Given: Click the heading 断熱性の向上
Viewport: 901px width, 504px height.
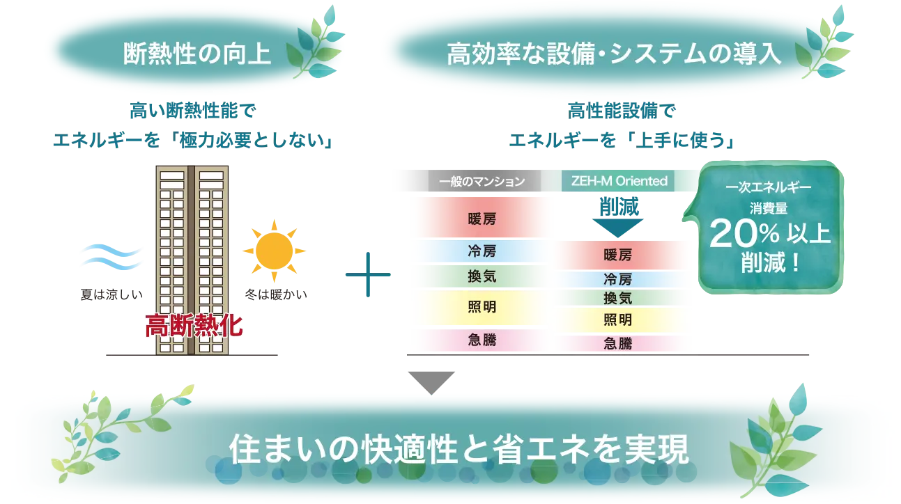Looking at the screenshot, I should pos(197,54).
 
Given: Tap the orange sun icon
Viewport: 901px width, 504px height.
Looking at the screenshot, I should pos(273,249).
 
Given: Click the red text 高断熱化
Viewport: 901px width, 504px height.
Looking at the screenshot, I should pos(194,326).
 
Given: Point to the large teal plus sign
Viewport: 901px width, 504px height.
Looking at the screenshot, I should pos(368,276).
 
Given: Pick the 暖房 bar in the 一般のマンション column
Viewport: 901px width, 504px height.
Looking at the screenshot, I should pos(482,219).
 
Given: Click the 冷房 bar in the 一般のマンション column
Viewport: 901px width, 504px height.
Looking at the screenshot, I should pos(482,250).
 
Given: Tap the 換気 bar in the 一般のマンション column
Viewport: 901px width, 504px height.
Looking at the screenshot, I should pos(482,276).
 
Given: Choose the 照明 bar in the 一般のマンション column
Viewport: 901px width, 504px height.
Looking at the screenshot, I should pos(482,306).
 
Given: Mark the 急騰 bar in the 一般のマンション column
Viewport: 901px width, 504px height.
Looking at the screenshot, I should pos(482,340).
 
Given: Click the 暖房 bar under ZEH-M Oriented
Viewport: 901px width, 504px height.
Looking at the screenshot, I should pos(617,255).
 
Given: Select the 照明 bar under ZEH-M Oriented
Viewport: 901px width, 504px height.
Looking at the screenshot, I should pos(617,320).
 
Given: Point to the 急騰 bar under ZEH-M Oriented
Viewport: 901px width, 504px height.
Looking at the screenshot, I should pos(617,342).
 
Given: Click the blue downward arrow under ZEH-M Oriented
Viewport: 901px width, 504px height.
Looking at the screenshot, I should pos(615,216).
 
